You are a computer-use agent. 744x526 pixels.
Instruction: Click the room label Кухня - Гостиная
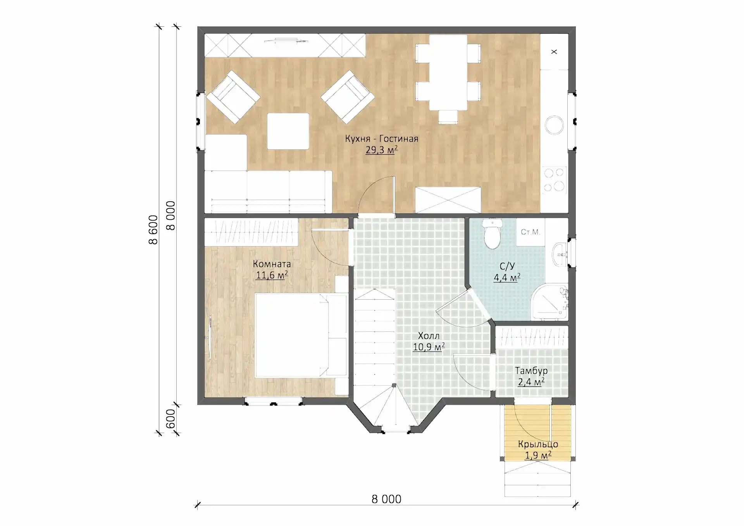click(382, 139)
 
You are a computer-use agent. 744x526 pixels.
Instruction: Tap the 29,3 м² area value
click(382, 150)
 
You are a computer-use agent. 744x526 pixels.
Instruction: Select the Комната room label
click(272, 264)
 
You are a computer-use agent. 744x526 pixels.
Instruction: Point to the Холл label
click(429, 336)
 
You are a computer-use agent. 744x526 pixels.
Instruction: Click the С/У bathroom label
click(507, 266)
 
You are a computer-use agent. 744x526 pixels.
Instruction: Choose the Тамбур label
click(531, 371)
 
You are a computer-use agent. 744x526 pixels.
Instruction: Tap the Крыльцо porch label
click(538, 444)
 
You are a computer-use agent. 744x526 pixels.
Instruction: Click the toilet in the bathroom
click(493, 233)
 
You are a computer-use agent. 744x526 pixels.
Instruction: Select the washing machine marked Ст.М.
click(530, 232)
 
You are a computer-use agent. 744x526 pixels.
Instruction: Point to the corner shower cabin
click(549, 302)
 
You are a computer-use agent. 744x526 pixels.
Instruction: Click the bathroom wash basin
click(559, 254)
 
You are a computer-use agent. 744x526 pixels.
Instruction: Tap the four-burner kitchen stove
click(554, 180)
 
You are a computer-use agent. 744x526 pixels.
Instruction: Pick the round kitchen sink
click(555, 125)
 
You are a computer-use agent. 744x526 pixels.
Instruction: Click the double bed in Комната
click(301, 335)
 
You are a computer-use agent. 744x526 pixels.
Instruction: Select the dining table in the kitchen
click(448, 72)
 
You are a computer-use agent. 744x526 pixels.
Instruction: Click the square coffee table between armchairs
click(288, 131)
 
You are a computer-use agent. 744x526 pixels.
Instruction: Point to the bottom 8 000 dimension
click(386, 499)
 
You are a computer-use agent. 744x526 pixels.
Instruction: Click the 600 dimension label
click(170, 419)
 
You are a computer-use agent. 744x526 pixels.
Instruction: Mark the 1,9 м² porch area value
click(538, 455)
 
